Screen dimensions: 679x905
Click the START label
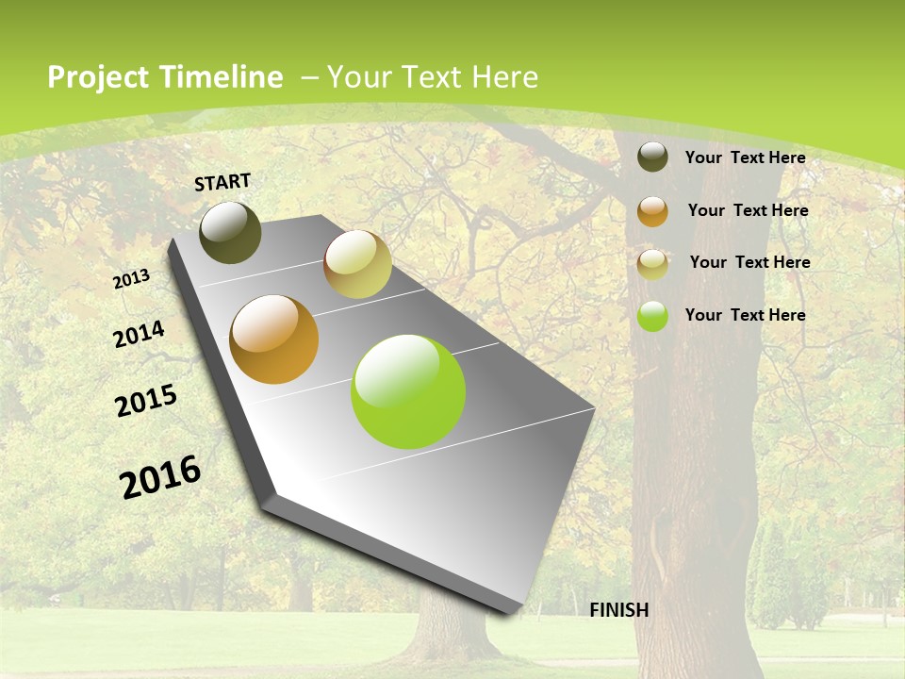(x=222, y=182)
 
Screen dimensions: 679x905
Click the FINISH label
(x=618, y=610)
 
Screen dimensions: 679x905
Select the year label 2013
(x=131, y=279)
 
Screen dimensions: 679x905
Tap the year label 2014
(x=139, y=334)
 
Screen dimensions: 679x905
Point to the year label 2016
(x=160, y=476)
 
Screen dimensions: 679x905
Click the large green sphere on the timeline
(x=408, y=391)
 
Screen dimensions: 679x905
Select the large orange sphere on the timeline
(x=274, y=339)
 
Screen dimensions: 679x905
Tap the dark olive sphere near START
(x=230, y=232)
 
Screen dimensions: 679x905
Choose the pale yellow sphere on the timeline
(x=357, y=264)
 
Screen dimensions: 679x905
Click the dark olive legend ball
(x=652, y=157)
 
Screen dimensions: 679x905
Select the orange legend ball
(x=652, y=211)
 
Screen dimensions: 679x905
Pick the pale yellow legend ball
(x=652, y=264)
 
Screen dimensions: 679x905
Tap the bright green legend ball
(x=652, y=317)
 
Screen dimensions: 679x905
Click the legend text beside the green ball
(x=745, y=315)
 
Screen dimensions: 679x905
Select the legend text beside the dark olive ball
(x=745, y=157)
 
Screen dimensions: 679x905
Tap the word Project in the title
(x=98, y=77)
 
